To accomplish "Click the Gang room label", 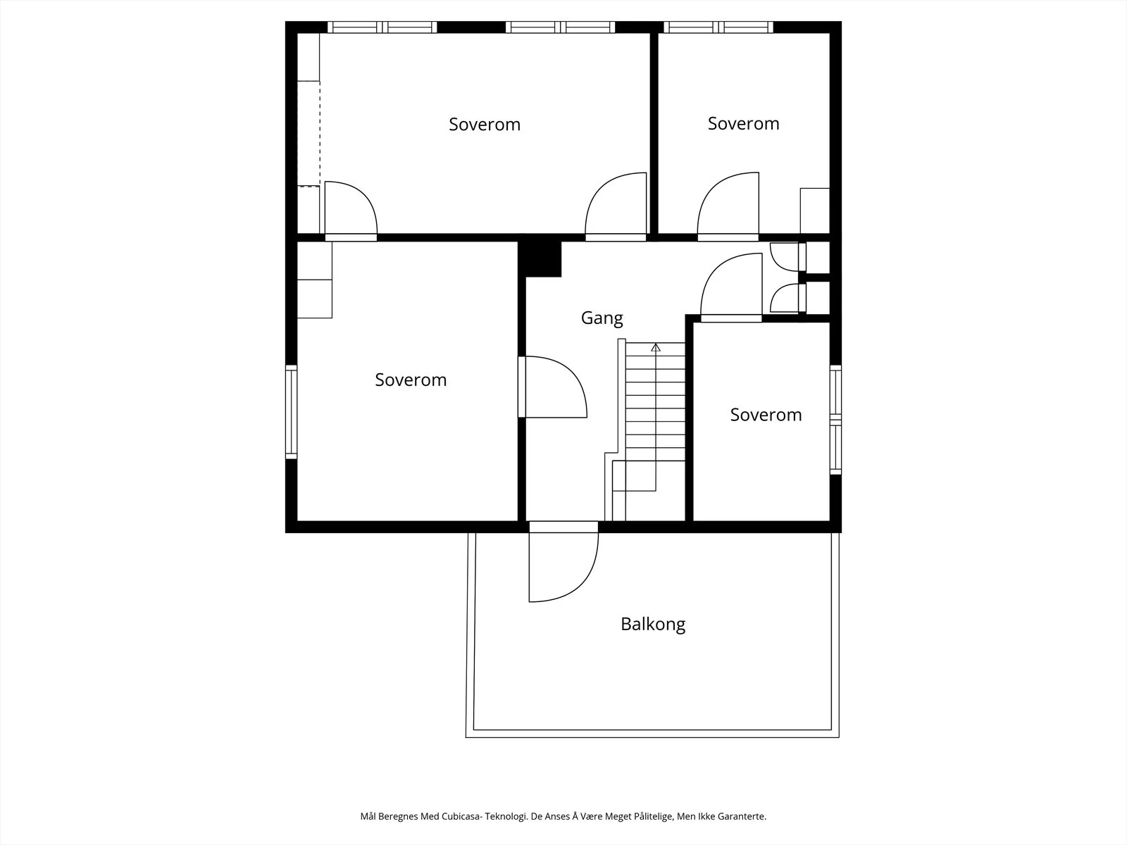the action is pyautogui.click(x=602, y=318).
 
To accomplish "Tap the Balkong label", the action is pyautogui.click(x=652, y=624).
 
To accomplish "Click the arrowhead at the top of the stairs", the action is pyautogui.click(x=656, y=347).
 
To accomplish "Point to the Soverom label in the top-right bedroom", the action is pyautogui.click(x=743, y=124).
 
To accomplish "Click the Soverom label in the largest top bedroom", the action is pyautogui.click(x=484, y=124).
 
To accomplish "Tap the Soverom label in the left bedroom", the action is pyautogui.click(x=411, y=380).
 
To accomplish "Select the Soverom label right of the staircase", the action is pyautogui.click(x=766, y=415).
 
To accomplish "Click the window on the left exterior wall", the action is pyautogui.click(x=291, y=412).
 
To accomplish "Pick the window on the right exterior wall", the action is pyautogui.click(x=836, y=420).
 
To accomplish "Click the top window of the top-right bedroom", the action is pyautogui.click(x=718, y=27).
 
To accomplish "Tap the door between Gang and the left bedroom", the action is pyautogui.click(x=552, y=387).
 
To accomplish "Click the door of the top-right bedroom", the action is pyautogui.click(x=728, y=207).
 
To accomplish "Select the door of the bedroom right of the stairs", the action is pyautogui.click(x=731, y=287).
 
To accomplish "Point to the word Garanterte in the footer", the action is pyautogui.click(x=742, y=816).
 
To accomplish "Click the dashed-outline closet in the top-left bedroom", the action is pyautogui.click(x=309, y=133).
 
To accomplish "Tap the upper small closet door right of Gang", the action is pyautogui.click(x=787, y=256).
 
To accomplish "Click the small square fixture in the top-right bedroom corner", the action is pyautogui.click(x=815, y=211).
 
